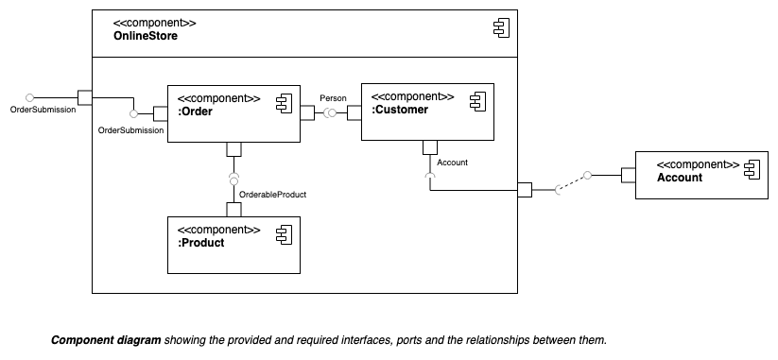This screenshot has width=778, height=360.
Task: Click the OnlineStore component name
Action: [x=146, y=36]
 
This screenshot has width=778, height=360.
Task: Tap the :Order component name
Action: [x=195, y=112]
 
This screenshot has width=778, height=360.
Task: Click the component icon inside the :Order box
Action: [x=283, y=103]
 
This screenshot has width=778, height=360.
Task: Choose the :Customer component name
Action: [x=401, y=110]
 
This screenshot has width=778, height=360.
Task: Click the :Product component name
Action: [x=201, y=243]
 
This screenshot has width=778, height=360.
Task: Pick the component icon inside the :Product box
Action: [x=283, y=234]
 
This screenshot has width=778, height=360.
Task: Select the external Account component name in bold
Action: [x=680, y=177]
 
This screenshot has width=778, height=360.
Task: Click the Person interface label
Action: [x=333, y=97]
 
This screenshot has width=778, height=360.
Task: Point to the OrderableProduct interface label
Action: [x=272, y=194]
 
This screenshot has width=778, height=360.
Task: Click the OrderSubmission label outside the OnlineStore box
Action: [x=43, y=110]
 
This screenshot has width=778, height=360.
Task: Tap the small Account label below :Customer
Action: [x=453, y=163]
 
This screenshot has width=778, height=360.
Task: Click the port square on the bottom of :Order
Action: [x=233, y=149]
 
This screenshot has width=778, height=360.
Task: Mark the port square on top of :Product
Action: [x=233, y=209]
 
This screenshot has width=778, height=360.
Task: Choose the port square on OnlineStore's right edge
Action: [x=525, y=190]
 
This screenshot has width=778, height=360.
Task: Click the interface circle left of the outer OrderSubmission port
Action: [x=30, y=96]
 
